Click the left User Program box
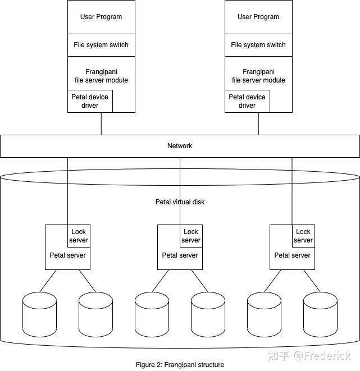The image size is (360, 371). click(101, 17)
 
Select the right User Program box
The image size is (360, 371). click(258, 17)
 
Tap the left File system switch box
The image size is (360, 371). click(101, 45)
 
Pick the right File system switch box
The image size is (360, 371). click(258, 45)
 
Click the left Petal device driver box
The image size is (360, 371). click(90, 101)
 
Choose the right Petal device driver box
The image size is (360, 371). click(247, 101)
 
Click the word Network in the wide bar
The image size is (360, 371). click(180, 146)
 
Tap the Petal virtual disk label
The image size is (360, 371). click(180, 201)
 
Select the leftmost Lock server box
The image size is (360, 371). click(79, 236)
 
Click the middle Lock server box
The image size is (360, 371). click(191, 236)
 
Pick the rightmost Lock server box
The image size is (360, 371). click(303, 236)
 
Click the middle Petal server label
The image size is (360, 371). click(180, 255)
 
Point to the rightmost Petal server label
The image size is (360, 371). click(292, 255)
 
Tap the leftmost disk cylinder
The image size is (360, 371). click(39, 314)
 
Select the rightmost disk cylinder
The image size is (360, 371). click(320, 314)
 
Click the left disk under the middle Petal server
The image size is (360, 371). click(152, 314)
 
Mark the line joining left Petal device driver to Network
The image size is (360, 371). click(101, 123)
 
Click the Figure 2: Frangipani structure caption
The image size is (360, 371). click(180, 365)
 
